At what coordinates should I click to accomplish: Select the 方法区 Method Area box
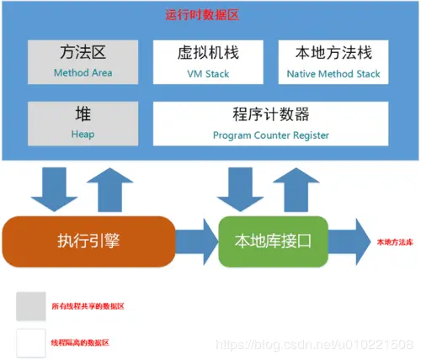(83, 61)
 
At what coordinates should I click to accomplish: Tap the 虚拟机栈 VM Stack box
(209, 61)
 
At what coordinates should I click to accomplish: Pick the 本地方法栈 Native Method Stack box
(334, 61)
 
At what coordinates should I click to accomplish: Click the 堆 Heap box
(83, 121)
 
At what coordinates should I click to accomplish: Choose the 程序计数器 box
(271, 121)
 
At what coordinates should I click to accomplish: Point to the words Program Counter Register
(271, 135)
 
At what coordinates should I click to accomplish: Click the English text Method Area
(83, 72)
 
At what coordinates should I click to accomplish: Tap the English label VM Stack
(209, 73)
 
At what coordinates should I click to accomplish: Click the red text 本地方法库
(392, 241)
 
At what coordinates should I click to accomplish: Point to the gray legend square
(32, 307)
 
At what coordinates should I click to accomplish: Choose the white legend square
(32, 342)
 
